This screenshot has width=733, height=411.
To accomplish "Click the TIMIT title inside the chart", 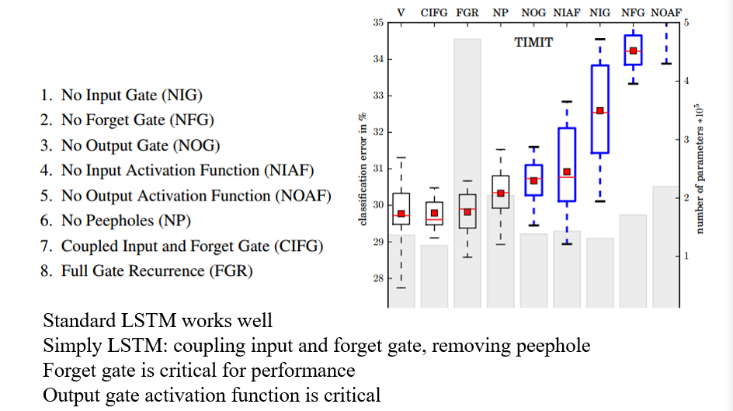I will pos(533,43).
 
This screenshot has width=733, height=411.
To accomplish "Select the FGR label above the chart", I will pos(467,13).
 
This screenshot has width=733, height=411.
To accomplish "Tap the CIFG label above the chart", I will pos(434,13).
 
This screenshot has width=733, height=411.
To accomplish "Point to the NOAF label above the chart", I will pos(665,13).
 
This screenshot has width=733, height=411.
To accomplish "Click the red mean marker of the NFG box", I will pos(633,51).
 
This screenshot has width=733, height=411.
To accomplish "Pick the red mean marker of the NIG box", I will pos(599,111).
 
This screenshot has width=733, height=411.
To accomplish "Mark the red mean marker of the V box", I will pos(401,214).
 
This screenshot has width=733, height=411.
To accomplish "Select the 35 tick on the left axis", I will pos(378,23).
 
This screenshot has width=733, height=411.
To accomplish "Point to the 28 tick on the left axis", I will pos(378,278).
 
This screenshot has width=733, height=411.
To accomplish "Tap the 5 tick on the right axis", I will pos(686,23).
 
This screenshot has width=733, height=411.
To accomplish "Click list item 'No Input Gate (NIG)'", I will pos(121,96).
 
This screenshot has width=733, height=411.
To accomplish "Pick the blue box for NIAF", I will pos(567,164).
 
